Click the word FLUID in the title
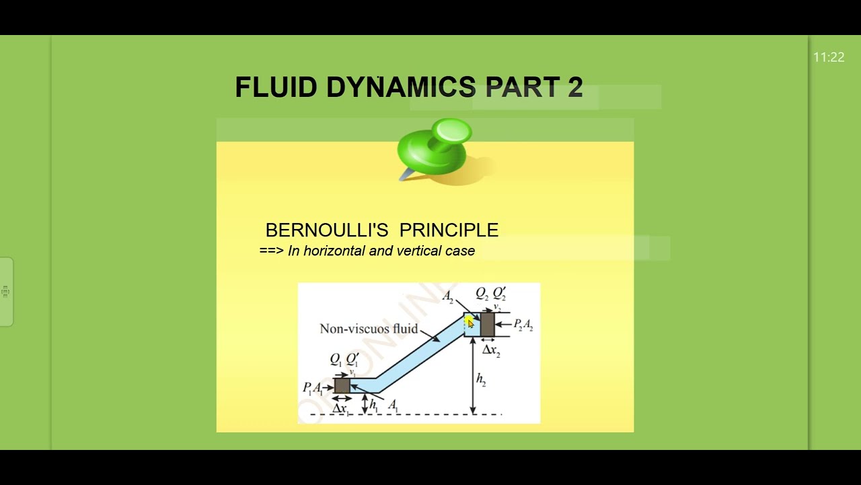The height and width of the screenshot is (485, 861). [x=275, y=88]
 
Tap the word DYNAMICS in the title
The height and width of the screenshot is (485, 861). [x=401, y=88]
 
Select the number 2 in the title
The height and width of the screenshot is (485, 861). [x=574, y=88]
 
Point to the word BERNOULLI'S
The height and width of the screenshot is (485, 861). [x=326, y=230]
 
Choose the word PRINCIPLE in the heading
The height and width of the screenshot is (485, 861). [x=449, y=230]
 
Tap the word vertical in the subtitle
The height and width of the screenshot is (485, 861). [x=418, y=251]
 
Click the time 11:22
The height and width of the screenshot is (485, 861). [x=828, y=57]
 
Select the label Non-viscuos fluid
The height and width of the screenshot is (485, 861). [x=369, y=329]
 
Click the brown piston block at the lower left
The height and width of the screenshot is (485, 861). [x=342, y=385]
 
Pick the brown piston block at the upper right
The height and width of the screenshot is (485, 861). [x=488, y=325]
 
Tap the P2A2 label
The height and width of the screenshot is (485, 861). [x=523, y=325]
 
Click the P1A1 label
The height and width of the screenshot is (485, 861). [x=313, y=388]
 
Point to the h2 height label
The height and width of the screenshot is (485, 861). [x=481, y=379]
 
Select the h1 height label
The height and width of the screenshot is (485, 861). [x=373, y=405]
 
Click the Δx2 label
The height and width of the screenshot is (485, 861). [x=491, y=350]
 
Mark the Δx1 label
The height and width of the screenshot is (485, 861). [x=340, y=408]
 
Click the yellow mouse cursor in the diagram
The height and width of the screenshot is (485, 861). [x=469, y=323]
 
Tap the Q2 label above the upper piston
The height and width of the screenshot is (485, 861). [x=482, y=294]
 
